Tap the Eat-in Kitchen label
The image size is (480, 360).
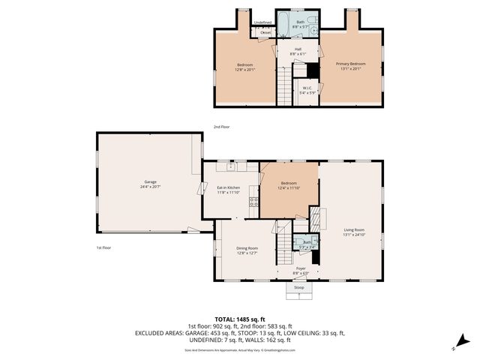click(228, 187)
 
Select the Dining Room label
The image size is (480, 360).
click(247, 248)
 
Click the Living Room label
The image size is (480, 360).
click(354, 229)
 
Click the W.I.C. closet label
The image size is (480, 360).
click(307, 88)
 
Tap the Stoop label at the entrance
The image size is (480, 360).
click(299, 287)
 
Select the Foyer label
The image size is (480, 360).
click(301, 268)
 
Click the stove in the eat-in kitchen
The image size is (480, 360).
click(253, 201)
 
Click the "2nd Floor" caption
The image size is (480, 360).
click(221, 127)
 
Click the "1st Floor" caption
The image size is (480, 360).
click(103, 247)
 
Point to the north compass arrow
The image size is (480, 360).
click(457, 346)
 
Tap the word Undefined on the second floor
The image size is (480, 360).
click(262, 22)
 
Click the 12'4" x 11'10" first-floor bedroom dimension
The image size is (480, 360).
click(289, 188)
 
